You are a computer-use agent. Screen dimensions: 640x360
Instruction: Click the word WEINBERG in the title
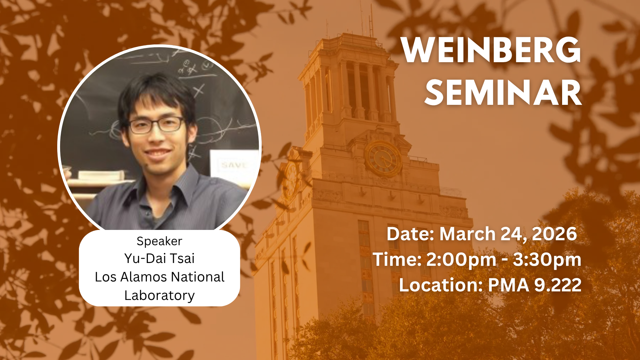(x=491, y=50)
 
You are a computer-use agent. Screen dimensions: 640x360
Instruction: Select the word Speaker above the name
(x=159, y=242)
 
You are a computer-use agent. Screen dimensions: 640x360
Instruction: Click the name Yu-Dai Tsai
(x=159, y=258)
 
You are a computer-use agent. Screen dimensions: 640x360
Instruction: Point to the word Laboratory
(x=159, y=296)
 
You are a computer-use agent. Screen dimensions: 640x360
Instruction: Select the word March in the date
(x=468, y=234)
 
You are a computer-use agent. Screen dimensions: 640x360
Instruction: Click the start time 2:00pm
(x=461, y=259)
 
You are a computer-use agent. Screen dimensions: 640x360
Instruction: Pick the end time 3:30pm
(x=547, y=259)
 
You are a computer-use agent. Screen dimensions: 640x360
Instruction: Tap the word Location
(x=441, y=285)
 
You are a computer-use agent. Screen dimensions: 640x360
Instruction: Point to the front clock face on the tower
(x=383, y=158)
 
